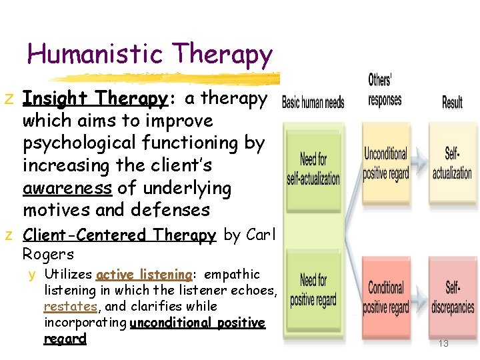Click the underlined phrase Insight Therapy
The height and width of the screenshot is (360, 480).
pyautogui.click(x=94, y=99)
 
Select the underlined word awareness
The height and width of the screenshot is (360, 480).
pyautogui.click(x=67, y=188)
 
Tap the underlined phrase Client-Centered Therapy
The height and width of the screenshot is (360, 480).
pyautogui.click(x=119, y=235)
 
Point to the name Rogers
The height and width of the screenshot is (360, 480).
pyautogui.click(x=48, y=254)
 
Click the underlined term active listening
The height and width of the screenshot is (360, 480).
pyautogui.click(x=145, y=275)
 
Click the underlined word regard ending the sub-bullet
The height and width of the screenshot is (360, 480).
pyautogui.click(x=65, y=339)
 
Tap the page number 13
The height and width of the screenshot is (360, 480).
pyautogui.click(x=443, y=344)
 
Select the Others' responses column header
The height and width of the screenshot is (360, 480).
pyautogui.click(x=385, y=90)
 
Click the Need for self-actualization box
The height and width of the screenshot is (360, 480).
pyautogui.click(x=313, y=168)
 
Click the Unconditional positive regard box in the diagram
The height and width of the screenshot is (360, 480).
pyautogui.click(x=385, y=163)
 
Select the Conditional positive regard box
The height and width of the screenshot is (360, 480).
pyautogui.click(x=385, y=297)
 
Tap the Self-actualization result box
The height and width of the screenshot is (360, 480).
pyautogui.click(x=452, y=163)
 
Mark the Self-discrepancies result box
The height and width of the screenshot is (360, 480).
pyautogui.click(x=452, y=297)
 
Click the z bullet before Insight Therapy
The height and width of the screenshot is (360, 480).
pyautogui.click(x=8, y=99)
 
